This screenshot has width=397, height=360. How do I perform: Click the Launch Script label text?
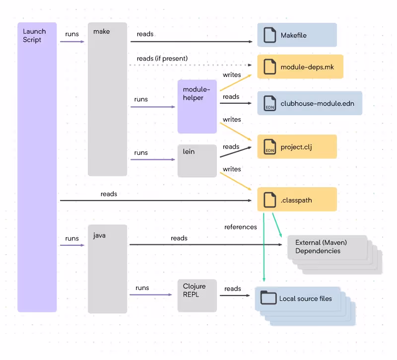pos(34,35)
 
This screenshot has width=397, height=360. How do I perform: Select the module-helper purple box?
pos(197,106)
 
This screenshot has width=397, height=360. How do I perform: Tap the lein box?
pos(197,160)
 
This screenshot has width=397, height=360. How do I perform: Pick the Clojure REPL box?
pos(197,295)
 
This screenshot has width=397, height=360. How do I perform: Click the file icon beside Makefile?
pos(269,35)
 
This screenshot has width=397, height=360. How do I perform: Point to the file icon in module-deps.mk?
pos(269,67)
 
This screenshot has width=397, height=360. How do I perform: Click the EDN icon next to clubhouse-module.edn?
pos(269,103)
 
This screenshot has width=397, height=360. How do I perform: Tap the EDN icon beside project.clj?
pos(269,146)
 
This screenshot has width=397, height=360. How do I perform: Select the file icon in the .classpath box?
pos(269,200)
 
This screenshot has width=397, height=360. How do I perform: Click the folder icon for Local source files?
pos(268,297)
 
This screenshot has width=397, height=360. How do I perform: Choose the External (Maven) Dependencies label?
pos(321,246)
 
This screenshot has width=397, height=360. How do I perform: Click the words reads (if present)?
pos(162,59)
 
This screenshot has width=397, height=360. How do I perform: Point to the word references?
pos(241,227)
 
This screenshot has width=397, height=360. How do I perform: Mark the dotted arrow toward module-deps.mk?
pos(191,65)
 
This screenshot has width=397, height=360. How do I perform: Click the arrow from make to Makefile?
pos(192,42)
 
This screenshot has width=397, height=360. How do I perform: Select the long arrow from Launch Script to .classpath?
pos(156,201)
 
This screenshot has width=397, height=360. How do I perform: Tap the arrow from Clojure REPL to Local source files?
pos(235,295)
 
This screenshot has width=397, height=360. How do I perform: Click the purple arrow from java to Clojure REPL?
pos(151,294)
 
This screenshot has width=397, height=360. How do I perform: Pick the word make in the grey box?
pos(102,31)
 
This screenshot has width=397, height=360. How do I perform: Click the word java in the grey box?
pos(99,235)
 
